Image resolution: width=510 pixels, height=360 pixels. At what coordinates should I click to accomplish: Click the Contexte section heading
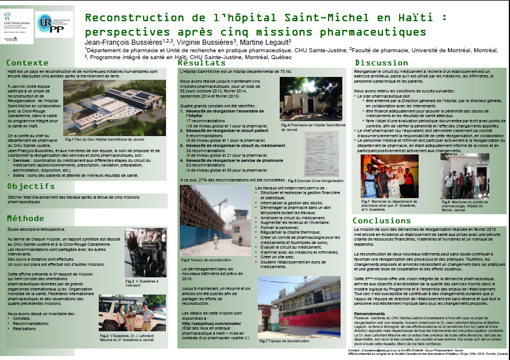tap(28, 63)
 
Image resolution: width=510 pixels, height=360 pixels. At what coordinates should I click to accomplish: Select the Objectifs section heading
tap(30, 187)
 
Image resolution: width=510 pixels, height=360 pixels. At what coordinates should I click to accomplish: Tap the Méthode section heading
tap(25, 218)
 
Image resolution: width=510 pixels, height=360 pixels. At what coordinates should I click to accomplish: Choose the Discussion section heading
tap(381, 63)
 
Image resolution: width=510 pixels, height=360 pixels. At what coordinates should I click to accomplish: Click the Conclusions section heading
tap(381, 220)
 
